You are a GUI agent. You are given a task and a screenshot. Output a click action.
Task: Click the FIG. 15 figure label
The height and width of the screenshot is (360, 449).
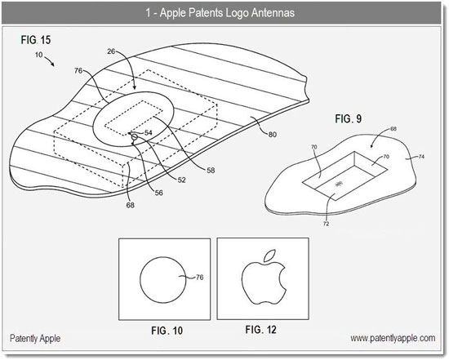point(36,40)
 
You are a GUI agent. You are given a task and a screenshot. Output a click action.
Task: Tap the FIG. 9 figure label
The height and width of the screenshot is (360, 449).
point(349,118)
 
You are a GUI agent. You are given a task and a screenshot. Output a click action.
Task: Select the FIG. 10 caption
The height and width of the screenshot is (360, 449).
point(167,331)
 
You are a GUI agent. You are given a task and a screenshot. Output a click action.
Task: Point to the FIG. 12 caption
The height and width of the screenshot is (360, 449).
point(261,330)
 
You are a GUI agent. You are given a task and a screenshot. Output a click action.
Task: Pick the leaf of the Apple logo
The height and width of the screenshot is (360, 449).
point(269,255)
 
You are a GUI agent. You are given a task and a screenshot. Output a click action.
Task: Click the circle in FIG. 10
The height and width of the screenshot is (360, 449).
point(140,280)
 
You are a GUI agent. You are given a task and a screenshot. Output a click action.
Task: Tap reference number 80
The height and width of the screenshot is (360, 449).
point(273,135)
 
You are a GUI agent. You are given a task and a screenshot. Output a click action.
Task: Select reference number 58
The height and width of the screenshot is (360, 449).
point(211,171)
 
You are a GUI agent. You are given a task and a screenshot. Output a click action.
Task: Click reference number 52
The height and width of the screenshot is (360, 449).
point(181,180)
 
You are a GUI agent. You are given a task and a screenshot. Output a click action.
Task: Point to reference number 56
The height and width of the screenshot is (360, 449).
point(158,193)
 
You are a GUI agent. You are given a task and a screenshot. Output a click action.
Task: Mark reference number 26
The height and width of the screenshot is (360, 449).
point(111,51)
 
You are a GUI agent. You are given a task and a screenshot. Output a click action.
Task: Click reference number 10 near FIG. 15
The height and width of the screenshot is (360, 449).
point(39,55)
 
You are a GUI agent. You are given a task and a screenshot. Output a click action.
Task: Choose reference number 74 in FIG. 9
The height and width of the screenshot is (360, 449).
point(421,157)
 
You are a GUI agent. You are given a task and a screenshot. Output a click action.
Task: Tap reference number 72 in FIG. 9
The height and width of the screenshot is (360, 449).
point(327,224)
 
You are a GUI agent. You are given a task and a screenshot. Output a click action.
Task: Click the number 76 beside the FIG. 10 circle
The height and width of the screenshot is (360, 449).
point(199,278)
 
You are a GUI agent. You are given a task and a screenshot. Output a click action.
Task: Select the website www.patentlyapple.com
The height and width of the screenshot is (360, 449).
point(393,338)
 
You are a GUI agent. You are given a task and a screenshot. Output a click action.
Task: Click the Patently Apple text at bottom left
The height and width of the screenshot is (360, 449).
point(35,338)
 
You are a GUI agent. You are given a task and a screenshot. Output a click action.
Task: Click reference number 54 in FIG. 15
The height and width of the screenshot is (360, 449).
point(149,132)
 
